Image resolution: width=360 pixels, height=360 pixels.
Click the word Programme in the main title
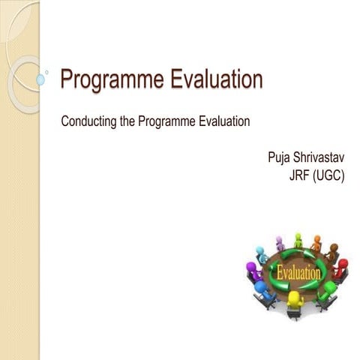click(x=109, y=79)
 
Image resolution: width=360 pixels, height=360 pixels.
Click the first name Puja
click(x=279, y=159)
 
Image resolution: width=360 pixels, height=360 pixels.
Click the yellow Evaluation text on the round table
click(x=298, y=272)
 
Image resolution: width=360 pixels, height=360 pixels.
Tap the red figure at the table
click(x=341, y=268)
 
